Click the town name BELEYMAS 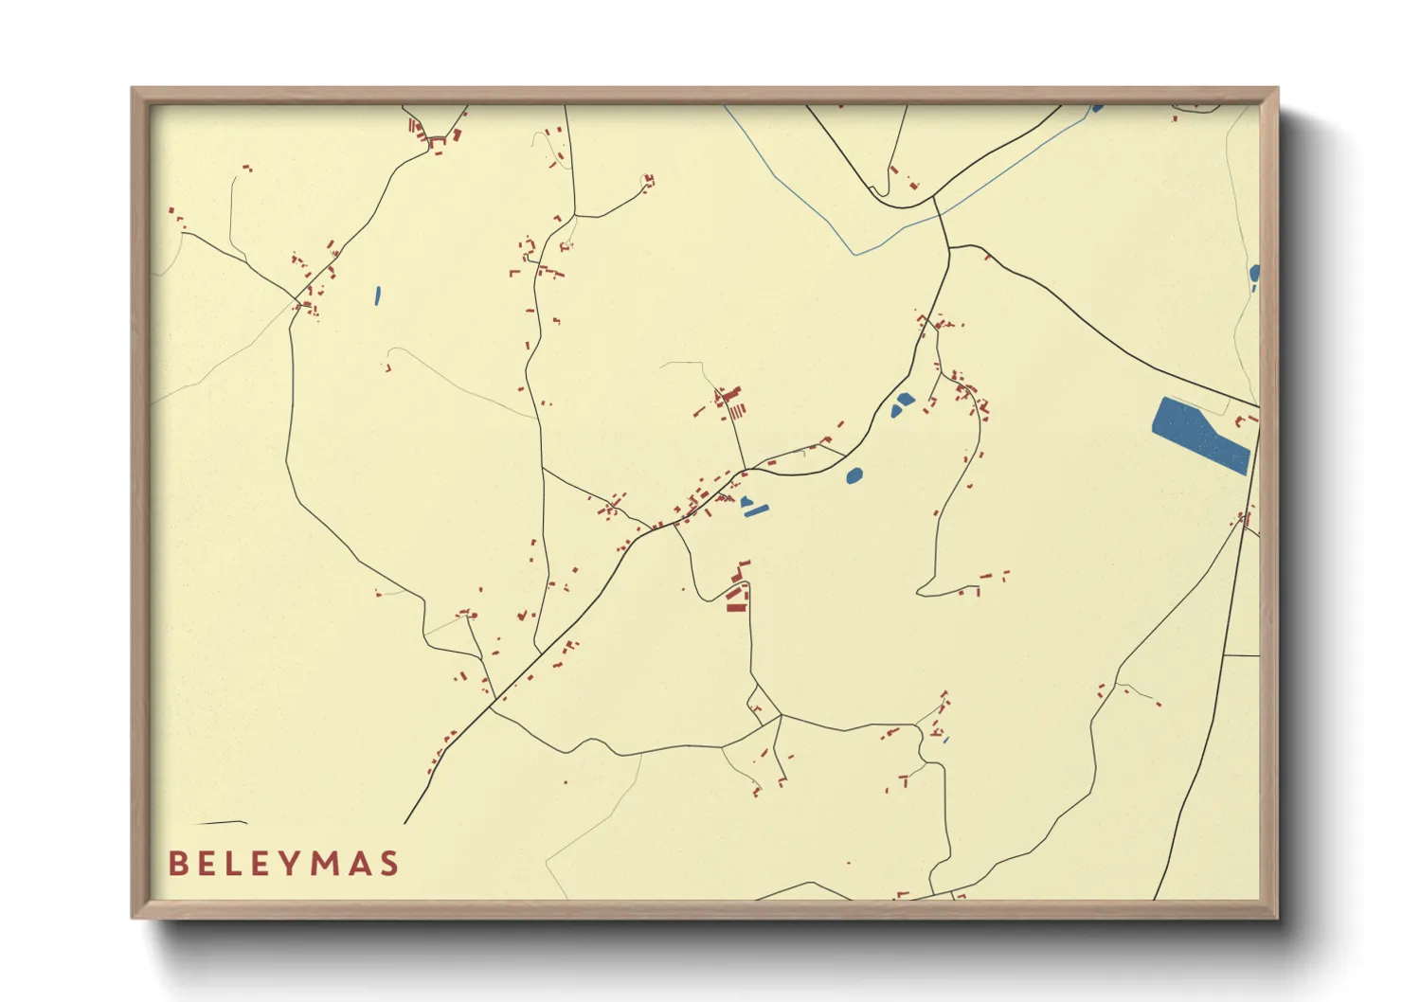283,864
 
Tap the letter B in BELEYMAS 177,864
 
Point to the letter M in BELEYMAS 328,864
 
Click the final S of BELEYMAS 388,864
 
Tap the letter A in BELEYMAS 360,864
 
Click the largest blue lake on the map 1200,435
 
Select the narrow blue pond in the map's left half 377,295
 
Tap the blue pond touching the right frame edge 1255,275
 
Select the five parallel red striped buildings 735,410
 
